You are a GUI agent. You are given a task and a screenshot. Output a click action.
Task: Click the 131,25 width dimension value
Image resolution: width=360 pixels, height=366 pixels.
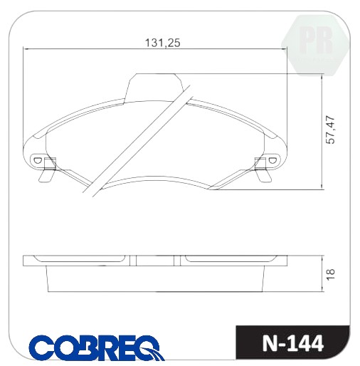point(162,43)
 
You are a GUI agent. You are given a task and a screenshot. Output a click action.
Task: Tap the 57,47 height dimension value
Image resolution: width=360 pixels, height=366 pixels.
point(330,130)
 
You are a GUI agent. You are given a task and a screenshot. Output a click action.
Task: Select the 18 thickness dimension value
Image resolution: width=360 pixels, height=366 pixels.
point(330,274)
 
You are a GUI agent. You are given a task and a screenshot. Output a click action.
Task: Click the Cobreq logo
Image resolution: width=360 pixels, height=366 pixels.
point(97,347)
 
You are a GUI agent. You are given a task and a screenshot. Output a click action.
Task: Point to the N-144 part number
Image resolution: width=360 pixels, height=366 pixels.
point(293,343)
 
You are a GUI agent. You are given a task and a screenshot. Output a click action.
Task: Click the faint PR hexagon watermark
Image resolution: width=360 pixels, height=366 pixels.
point(316,45)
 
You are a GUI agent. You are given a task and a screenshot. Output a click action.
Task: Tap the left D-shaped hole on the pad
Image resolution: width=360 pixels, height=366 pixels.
point(37,160)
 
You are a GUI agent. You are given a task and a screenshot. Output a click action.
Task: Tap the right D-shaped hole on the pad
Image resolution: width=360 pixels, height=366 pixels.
point(272,160)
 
